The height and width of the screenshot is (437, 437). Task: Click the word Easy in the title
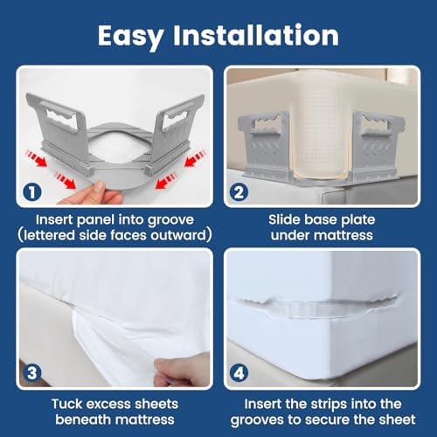point(130,37)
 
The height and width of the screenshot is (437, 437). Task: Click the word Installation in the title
point(256,35)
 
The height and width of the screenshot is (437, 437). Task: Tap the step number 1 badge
point(32,192)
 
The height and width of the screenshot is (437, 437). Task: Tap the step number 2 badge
point(239,192)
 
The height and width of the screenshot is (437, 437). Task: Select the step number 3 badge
point(32,373)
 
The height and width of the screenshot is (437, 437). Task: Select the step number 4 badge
point(239,373)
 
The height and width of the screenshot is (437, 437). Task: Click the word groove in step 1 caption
point(170,220)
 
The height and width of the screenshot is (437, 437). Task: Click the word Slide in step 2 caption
point(281,219)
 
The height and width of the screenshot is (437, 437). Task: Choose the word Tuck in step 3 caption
point(66,404)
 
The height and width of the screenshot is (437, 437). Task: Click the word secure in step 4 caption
point(327,420)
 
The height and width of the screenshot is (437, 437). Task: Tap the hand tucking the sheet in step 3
point(175,373)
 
